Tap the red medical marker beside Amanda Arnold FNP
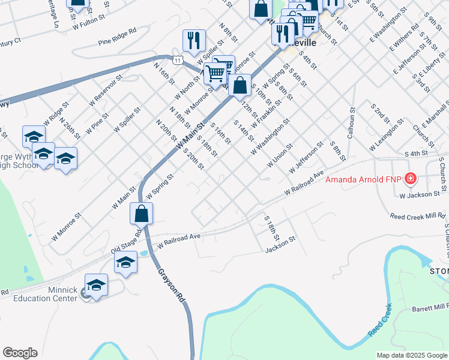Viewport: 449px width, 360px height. [411, 178]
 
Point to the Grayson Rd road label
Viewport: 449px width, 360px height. [172, 289]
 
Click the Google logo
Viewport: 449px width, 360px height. [20, 353]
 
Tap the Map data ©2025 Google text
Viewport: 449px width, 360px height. [411, 355]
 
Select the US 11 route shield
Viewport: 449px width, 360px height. [176, 60]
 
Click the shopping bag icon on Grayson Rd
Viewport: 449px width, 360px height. [141, 214]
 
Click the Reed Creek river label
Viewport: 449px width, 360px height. [380, 320]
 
